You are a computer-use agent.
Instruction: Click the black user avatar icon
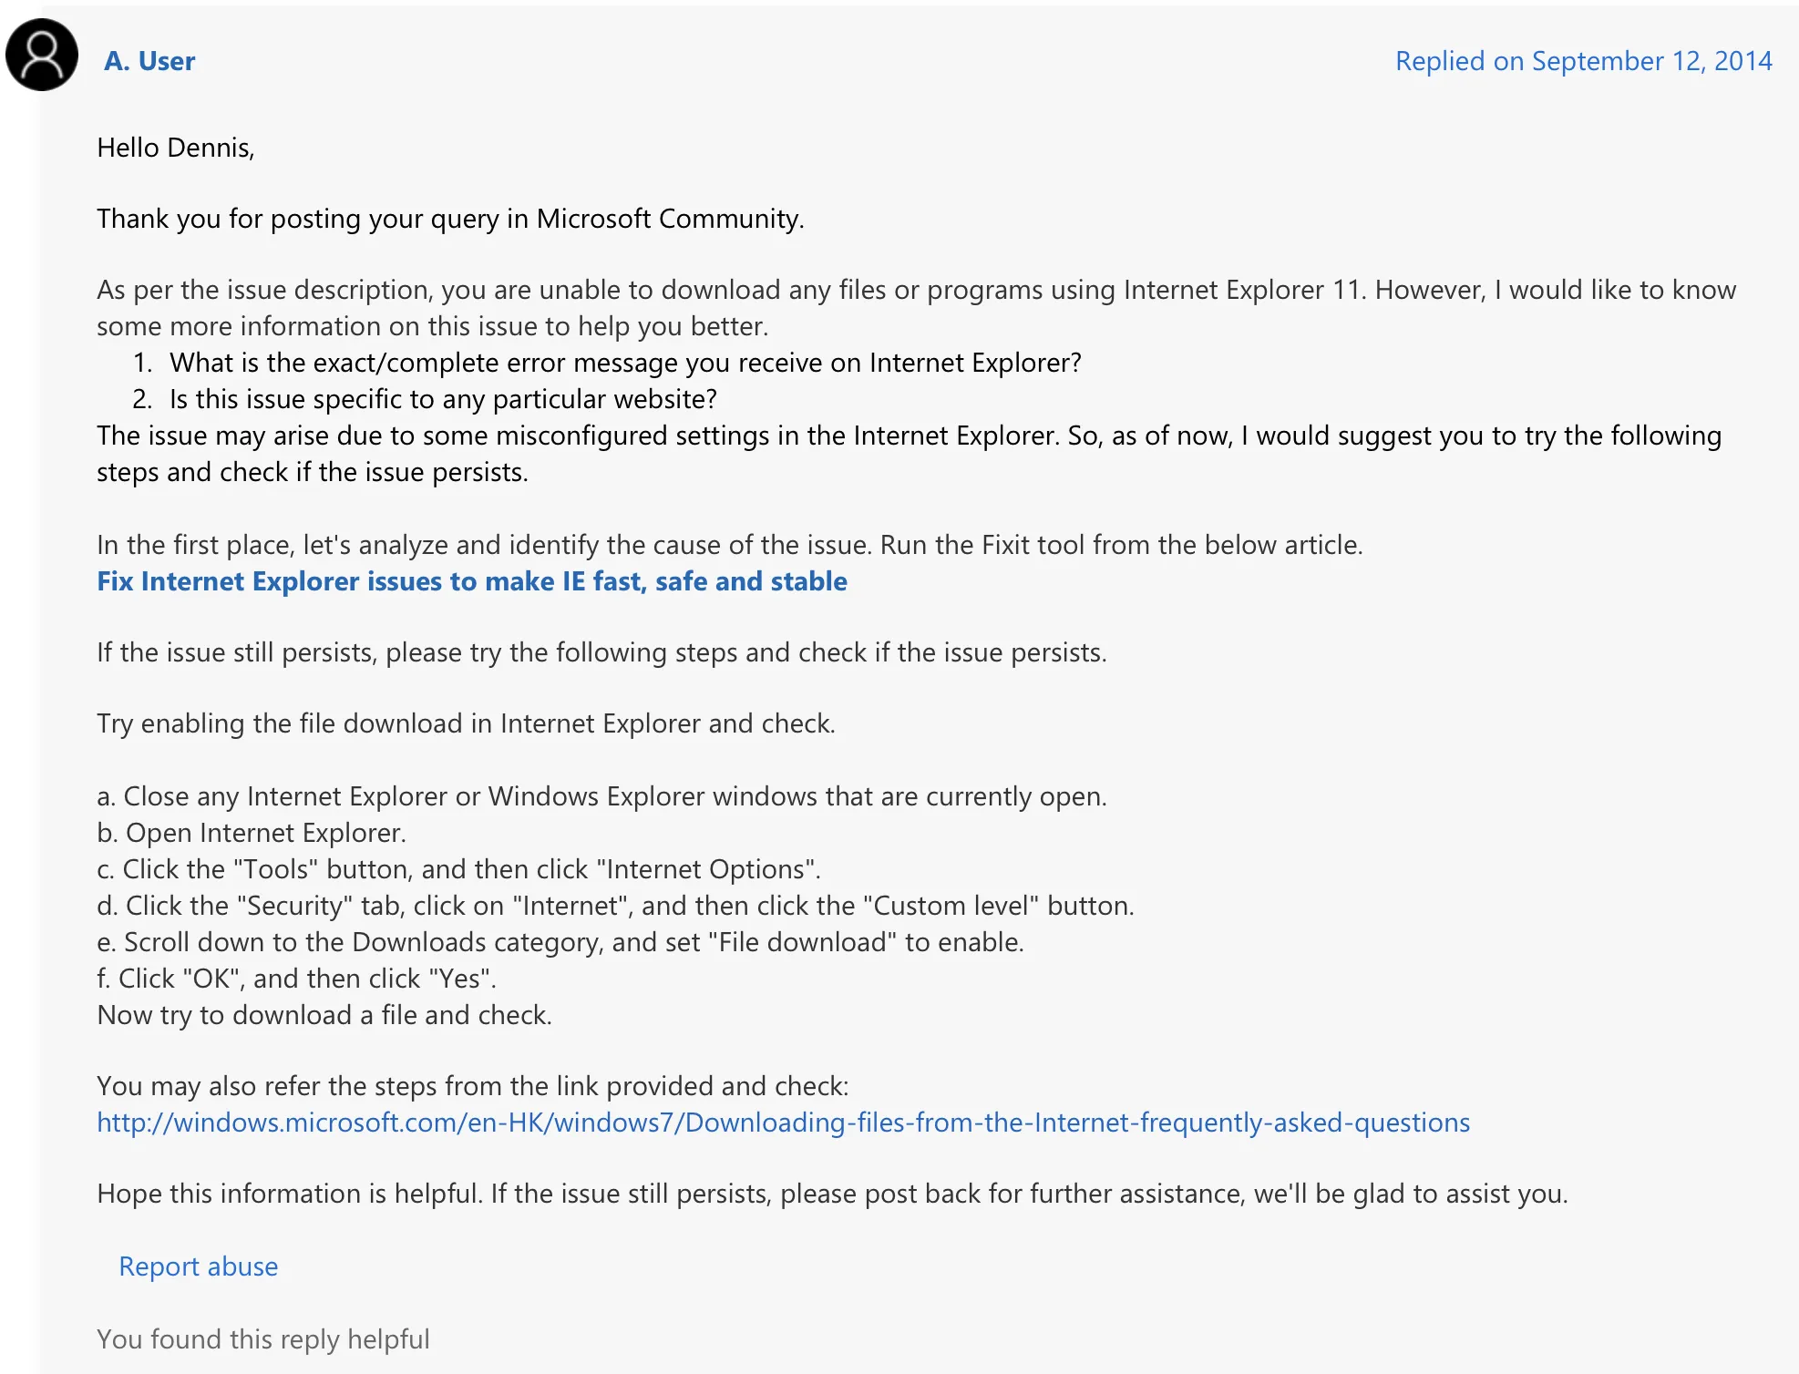(42, 55)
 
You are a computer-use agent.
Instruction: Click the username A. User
(149, 61)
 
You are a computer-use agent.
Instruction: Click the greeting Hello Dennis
(175, 148)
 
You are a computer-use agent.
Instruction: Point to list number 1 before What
(142, 363)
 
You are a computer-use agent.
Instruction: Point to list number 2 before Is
(142, 399)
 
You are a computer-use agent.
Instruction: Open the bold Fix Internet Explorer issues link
(472, 581)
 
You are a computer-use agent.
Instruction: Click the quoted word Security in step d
(294, 906)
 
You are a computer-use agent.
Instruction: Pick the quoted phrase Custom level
(950, 906)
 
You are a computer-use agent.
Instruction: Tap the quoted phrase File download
(802, 942)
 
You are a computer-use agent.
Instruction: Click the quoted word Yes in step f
(459, 979)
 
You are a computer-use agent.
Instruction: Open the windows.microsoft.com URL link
(784, 1123)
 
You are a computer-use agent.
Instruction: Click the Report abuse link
(198, 1266)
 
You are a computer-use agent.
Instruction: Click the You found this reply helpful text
(262, 1339)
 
